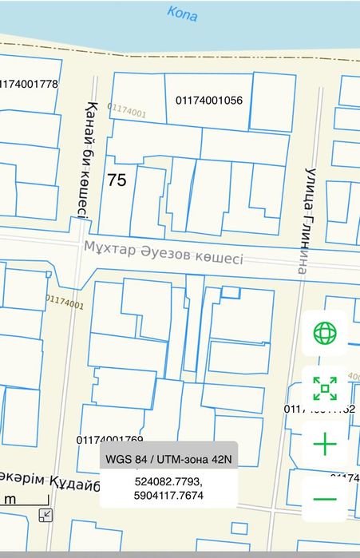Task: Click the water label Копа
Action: (183, 14)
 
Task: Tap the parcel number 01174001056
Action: (208, 101)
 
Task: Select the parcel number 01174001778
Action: (30, 84)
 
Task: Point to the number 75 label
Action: (117, 180)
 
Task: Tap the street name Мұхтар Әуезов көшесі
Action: (163, 253)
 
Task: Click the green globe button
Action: (325, 333)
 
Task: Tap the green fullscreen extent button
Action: (325, 389)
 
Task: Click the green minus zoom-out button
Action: (325, 499)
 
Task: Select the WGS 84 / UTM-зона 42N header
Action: (168, 459)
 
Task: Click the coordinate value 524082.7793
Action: (168, 483)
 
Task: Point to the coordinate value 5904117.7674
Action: (168, 496)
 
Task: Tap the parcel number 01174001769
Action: (110, 440)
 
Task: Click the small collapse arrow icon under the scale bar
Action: (45, 515)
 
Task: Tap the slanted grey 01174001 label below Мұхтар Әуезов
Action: (64, 302)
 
